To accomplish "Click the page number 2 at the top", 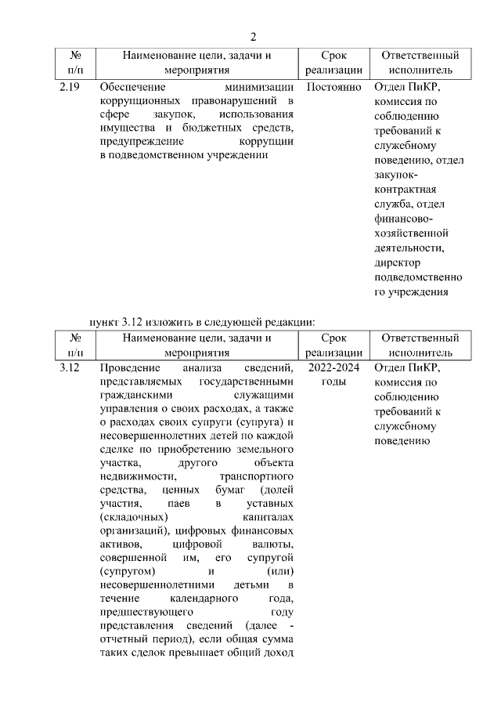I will coord(253,36).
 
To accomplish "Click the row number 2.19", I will coord(70,87).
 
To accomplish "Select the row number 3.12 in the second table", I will coord(70,367).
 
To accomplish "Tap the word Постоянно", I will coord(334,87).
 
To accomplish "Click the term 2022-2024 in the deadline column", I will coord(334,367).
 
